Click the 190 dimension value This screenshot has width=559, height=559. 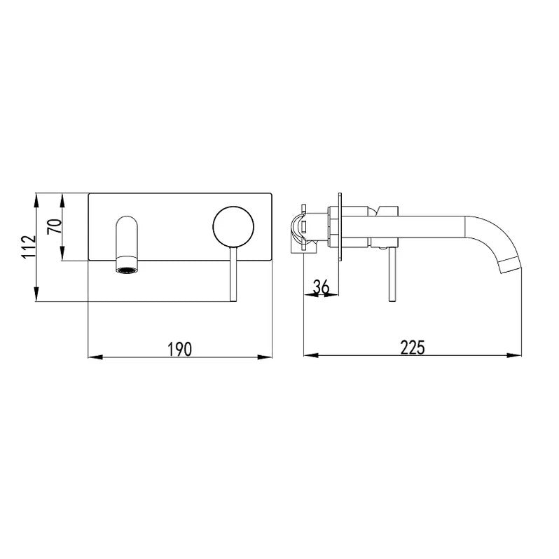pyautogui.click(x=180, y=347)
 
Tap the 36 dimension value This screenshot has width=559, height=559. pyautogui.click(x=321, y=287)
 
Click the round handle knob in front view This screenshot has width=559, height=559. pyautogui.click(x=234, y=226)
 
